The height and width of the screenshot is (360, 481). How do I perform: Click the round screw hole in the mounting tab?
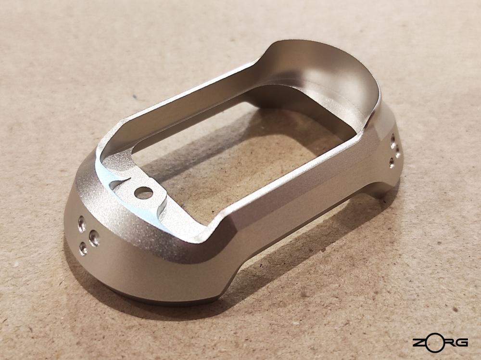[143, 193]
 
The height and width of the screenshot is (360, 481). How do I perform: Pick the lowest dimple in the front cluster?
[83, 249]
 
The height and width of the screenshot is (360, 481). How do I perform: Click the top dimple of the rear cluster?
[392, 141]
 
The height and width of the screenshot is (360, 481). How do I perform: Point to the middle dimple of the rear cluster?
[397, 151]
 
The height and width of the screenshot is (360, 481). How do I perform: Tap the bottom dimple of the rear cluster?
[392, 162]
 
